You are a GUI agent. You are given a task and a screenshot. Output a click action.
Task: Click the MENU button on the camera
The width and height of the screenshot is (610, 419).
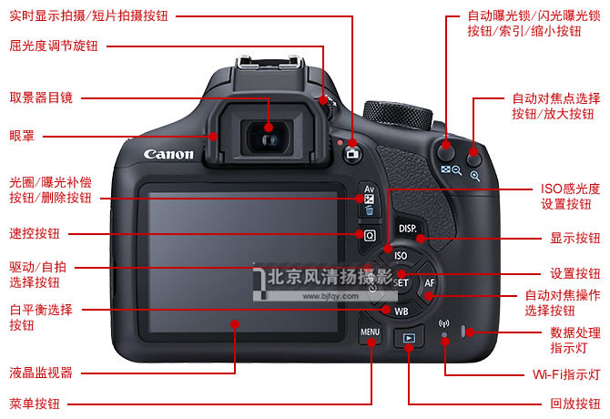click(x=370, y=333)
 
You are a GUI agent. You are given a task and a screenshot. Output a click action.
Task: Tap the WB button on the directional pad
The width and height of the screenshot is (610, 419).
click(x=401, y=311)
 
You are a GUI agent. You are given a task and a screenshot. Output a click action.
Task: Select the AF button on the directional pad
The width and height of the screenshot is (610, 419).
click(x=428, y=283)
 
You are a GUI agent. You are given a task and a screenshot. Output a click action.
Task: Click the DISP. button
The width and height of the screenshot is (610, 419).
click(x=408, y=229)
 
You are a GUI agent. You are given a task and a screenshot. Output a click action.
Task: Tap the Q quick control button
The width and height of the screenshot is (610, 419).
click(x=370, y=235)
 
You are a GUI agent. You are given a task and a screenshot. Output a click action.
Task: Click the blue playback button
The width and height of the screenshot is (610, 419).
click(x=409, y=338)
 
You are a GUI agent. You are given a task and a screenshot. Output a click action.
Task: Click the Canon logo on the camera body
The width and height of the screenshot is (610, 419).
click(x=168, y=155)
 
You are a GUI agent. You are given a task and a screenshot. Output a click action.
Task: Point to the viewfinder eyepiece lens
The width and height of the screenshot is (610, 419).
click(x=268, y=138)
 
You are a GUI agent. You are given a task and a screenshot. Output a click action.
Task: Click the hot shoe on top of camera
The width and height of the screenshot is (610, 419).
click(x=270, y=63)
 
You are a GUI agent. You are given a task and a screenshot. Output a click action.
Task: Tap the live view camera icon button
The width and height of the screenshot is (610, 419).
click(x=352, y=154)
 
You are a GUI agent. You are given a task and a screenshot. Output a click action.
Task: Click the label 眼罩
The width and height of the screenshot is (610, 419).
click(x=22, y=136)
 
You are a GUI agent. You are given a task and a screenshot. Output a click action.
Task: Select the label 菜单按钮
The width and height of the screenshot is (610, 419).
click(x=35, y=404)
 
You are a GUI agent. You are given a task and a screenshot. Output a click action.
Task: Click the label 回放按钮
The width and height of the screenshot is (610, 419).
click(x=575, y=404)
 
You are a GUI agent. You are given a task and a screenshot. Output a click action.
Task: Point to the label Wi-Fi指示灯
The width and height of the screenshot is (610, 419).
click(x=566, y=374)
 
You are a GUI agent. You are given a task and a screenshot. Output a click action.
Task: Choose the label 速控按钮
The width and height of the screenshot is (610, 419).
click(x=35, y=233)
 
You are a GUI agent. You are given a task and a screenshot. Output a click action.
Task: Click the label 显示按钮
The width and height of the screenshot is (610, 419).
click(x=575, y=238)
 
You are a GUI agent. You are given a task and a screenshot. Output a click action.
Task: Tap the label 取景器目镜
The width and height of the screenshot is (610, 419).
click(x=41, y=97)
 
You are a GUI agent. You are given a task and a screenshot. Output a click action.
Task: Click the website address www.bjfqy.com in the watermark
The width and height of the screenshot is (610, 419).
click(x=330, y=296)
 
